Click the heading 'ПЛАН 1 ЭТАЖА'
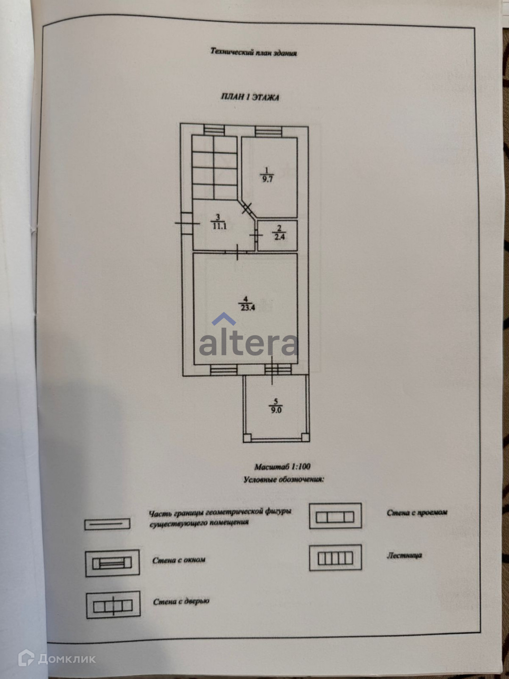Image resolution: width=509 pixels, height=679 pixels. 250,97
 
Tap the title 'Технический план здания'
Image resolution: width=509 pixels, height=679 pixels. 254,52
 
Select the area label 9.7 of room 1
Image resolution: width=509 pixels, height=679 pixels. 267,179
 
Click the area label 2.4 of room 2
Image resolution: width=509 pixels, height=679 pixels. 279,237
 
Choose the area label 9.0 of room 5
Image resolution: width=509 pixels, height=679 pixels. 276,410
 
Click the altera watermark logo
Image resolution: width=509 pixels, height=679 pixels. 248,339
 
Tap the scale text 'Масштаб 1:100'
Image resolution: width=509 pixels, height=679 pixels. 282,467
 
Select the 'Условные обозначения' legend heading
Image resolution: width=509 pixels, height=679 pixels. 283,480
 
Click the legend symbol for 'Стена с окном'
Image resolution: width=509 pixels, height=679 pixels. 112,563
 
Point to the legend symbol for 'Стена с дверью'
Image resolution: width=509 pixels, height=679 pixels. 113,605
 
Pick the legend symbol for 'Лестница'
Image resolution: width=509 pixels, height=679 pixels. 335,558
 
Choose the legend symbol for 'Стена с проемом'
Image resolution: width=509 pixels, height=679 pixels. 335,516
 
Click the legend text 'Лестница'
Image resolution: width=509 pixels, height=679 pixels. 404,555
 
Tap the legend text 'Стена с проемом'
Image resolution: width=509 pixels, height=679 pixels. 417,513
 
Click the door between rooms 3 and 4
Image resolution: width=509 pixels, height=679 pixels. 237,252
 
